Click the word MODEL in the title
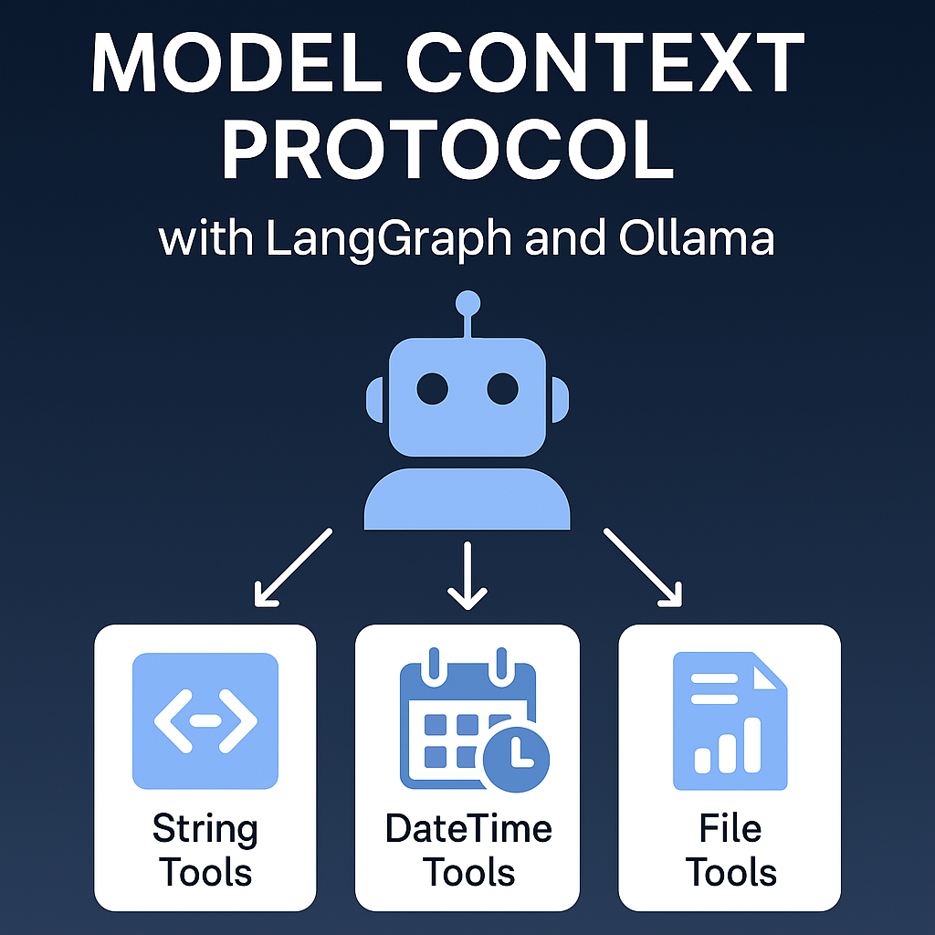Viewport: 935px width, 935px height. tap(236, 63)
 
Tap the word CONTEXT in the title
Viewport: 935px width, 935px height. tap(604, 63)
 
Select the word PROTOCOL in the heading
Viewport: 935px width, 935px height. tap(447, 150)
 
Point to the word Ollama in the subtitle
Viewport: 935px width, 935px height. tap(697, 238)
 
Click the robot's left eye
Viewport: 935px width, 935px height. tap(432, 389)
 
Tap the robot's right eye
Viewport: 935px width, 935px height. tap(503, 389)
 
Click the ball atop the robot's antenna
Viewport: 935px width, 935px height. tap(467, 303)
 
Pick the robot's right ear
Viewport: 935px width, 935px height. tap(561, 400)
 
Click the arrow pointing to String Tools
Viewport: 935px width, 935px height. tap(293, 567)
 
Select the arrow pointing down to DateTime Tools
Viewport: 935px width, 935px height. tap(467, 576)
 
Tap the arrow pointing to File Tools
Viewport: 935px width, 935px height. tap(643, 567)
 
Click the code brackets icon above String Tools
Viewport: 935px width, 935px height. tap(205, 721)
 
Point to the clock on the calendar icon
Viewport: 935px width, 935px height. tap(517, 760)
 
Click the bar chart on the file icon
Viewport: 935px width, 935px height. tap(728, 745)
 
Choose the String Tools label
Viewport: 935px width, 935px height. tap(205, 850)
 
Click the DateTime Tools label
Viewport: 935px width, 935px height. tap(468, 850)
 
